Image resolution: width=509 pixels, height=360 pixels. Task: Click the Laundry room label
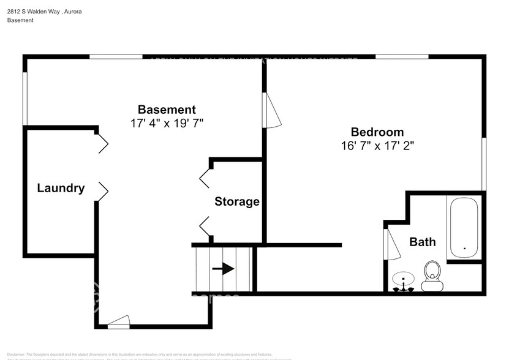pos(61,188)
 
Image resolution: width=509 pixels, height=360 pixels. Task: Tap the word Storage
pos(236,201)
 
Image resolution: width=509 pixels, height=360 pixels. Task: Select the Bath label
pos(423,242)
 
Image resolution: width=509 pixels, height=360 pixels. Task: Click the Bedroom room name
pos(377,132)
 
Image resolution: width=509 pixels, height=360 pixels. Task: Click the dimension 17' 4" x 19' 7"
pos(167,123)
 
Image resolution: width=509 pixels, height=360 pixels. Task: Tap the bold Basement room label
pos(167,110)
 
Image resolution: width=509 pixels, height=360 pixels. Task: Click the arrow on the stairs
pos(223,269)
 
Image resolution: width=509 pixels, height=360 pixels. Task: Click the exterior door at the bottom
pos(118,321)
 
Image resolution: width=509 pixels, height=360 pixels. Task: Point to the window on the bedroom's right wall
pos(483,163)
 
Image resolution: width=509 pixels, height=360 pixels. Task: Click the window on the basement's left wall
pos(25,99)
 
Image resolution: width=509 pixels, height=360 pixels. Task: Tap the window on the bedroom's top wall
pos(401,57)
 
